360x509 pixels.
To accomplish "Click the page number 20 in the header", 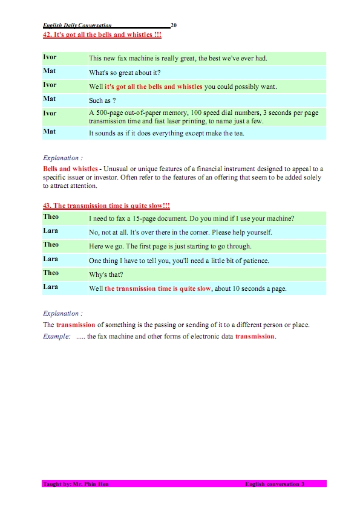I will pos(174,26).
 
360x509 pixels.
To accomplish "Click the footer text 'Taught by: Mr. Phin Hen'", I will pos(76,484).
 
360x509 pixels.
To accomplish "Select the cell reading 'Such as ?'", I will pos(102,100).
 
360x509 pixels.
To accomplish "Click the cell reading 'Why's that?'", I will pos(107,274).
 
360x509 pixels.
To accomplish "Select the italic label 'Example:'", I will pos(56,336).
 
